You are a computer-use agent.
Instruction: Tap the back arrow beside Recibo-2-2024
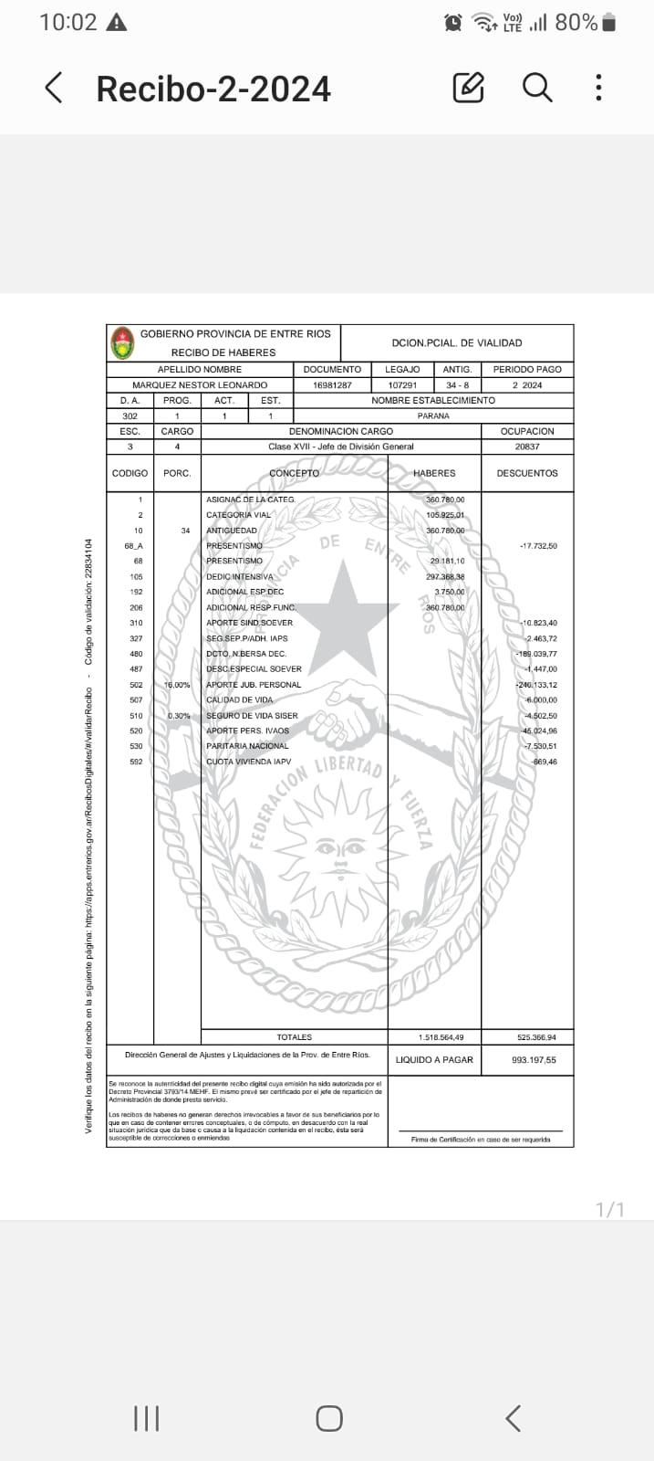(54, 88)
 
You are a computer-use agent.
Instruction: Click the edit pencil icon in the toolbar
(468, 88)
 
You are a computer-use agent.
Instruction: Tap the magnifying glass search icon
(537, 88)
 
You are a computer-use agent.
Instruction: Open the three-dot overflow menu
(598, 88)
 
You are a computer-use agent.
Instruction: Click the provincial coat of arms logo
(122, 342)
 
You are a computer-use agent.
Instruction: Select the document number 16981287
(332, 385)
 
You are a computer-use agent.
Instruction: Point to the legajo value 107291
(402, 385)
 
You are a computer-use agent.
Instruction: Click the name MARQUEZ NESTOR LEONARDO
(200, 385)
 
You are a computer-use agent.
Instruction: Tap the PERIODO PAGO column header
(527, 370)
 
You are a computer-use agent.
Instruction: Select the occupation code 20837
(527, 447)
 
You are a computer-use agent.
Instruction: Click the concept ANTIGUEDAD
(232, 531)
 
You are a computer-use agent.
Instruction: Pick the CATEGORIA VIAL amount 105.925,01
(445, 515)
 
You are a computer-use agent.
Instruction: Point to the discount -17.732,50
(538, 546)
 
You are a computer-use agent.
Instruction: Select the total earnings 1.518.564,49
(441, 1037)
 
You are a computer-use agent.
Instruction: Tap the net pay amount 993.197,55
(534, 1060)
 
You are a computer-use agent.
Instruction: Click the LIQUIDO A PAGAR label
(434, 1060)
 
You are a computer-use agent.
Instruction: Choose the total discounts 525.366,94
(536, 1037)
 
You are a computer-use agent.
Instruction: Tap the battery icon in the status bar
(609, 22)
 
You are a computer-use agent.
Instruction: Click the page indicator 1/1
(609, 1210)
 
